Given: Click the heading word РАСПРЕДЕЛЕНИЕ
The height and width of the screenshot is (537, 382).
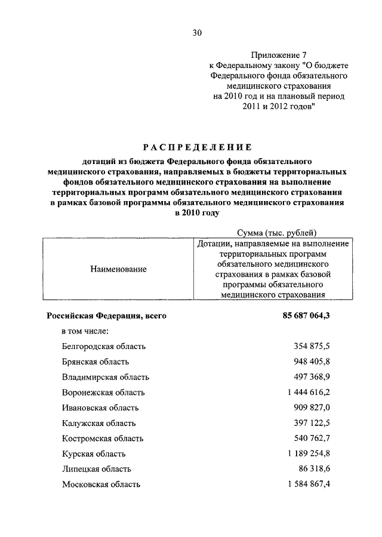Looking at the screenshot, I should pos(196,147).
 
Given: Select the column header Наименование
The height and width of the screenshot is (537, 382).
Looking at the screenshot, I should pos(119,269).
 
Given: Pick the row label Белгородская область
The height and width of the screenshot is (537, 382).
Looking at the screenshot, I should pos(103,346).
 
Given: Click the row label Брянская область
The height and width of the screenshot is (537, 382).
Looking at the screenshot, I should pos(95,362).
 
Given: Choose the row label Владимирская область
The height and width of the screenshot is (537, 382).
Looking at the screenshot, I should pos(105,377).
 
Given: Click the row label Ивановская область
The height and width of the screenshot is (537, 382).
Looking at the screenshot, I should pos(100,408).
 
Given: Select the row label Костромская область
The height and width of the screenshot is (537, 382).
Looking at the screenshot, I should pos(103,439).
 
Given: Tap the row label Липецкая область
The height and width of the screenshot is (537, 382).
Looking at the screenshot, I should pos(96,470).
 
